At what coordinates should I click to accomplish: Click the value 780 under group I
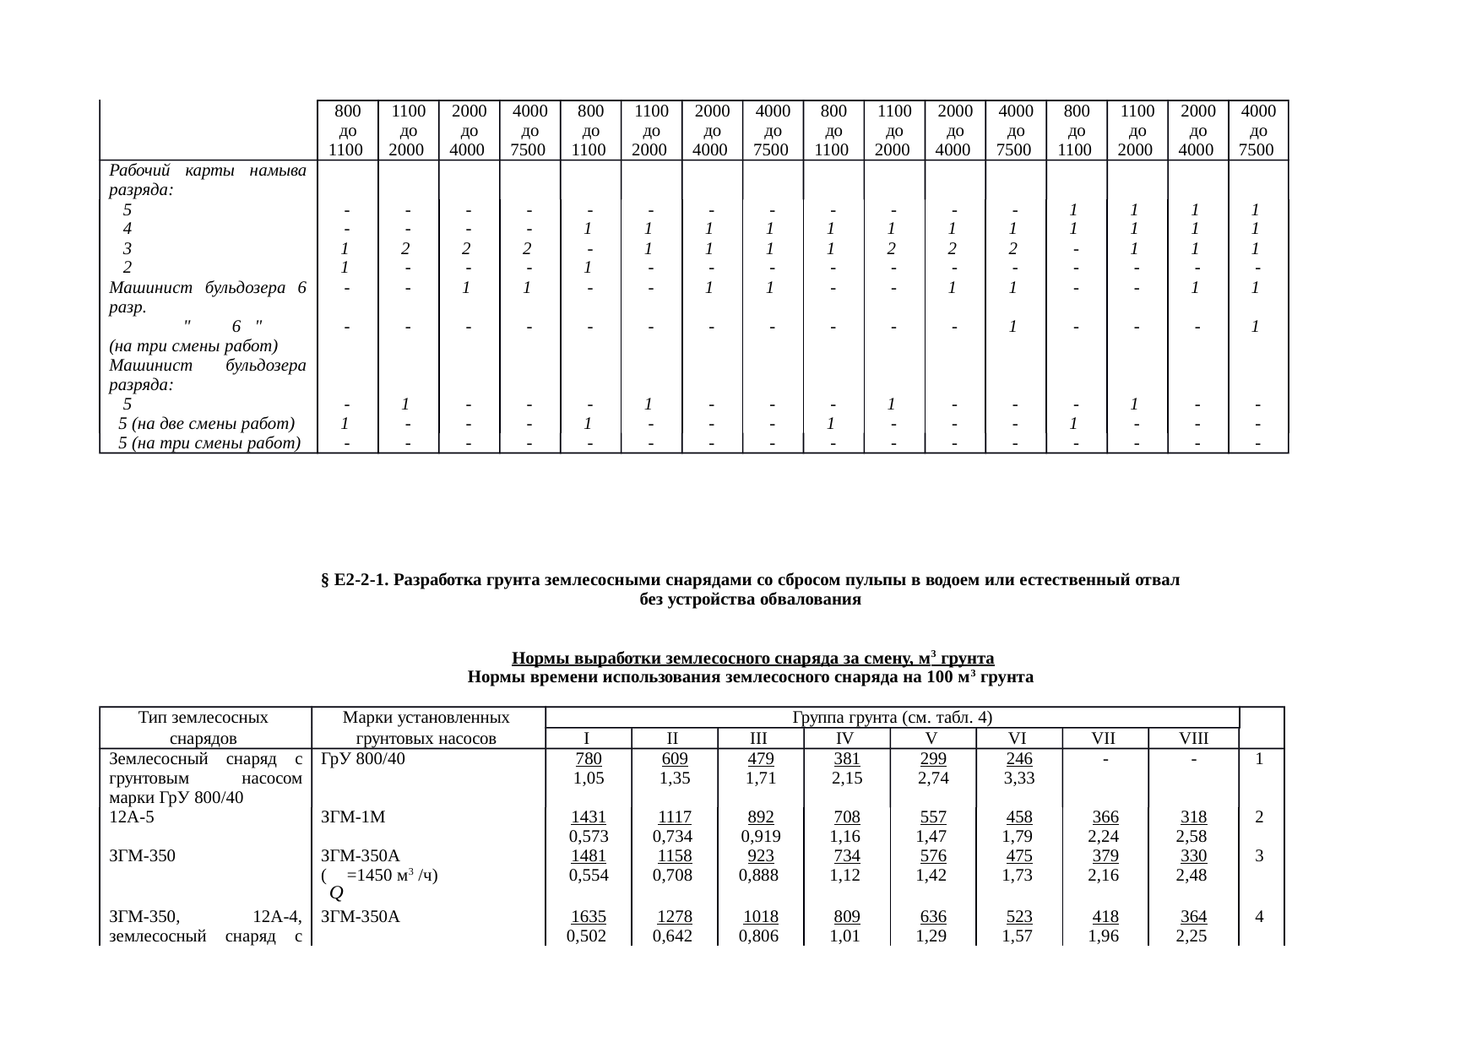(x=589, y=758)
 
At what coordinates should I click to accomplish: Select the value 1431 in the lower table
(x=589, y=816)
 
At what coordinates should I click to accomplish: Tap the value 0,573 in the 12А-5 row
(x=589, y=837)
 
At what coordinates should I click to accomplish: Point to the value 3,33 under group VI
(x=1018, y=778)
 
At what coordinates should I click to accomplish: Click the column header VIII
(x=1193, y=739)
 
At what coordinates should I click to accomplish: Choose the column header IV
(x=846, y=739)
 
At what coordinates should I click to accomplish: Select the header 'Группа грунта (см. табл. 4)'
(x=892, y=719)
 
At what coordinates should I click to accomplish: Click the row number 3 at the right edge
(x=1259, y=855)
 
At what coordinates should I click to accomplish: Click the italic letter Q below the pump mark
(x=335, y=892)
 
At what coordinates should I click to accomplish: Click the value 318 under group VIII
(x=1192, y=816)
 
